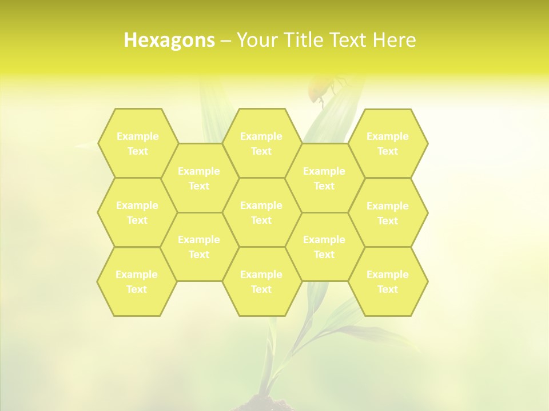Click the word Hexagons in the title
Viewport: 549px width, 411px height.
[x=169, y=40]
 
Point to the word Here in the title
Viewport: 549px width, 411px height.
[x=394, y=40]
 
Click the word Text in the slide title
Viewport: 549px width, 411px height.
[x=350, y=40]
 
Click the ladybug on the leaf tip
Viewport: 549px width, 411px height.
[x=321, y=88]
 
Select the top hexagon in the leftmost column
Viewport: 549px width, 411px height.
[x=137, y=143]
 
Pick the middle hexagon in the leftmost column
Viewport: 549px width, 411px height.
[x=137, y=212]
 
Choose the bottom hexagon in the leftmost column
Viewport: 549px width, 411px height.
[x=137, y=281]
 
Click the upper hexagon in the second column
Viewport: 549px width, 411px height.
[x=199, y=178]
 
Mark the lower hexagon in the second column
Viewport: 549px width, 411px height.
[x=199, y=247]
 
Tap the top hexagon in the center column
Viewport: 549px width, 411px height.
[x=261, y=143]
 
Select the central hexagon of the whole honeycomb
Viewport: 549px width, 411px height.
[x=261, y=212]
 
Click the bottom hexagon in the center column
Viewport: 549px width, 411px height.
[x=261, y=281]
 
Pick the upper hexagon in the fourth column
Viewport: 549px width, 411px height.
[x=324, y=178]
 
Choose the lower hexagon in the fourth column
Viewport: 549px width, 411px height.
[x=324, y=247]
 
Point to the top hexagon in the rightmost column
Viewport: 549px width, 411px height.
[x=388, y=143]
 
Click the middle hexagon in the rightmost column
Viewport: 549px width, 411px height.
[x=388, y=213]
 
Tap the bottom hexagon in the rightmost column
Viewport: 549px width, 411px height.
[x=388, y=281]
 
